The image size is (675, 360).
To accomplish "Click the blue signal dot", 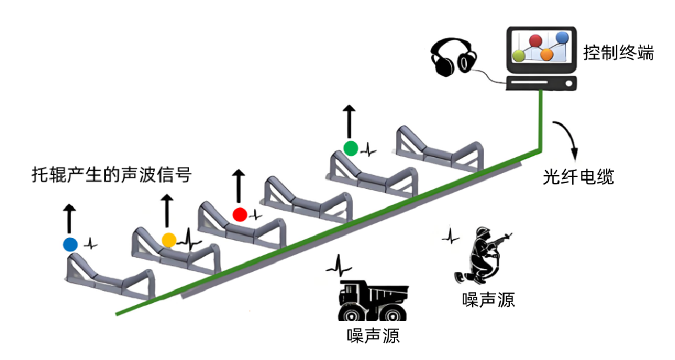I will pos(70,244).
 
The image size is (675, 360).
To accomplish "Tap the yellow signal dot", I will pos(169,239).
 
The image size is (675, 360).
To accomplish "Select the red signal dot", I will pos(240,214).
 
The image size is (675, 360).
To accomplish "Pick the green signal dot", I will pos(350,147).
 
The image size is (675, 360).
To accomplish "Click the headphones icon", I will pos(454,58).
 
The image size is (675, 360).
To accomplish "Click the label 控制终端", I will pos(618,52).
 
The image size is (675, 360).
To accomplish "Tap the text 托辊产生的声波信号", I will pos(112,175).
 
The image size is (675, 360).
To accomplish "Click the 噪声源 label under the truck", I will pos(373,335).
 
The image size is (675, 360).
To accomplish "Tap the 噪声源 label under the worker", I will pos(488,300).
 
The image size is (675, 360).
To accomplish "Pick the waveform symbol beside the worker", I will pos(451,235).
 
